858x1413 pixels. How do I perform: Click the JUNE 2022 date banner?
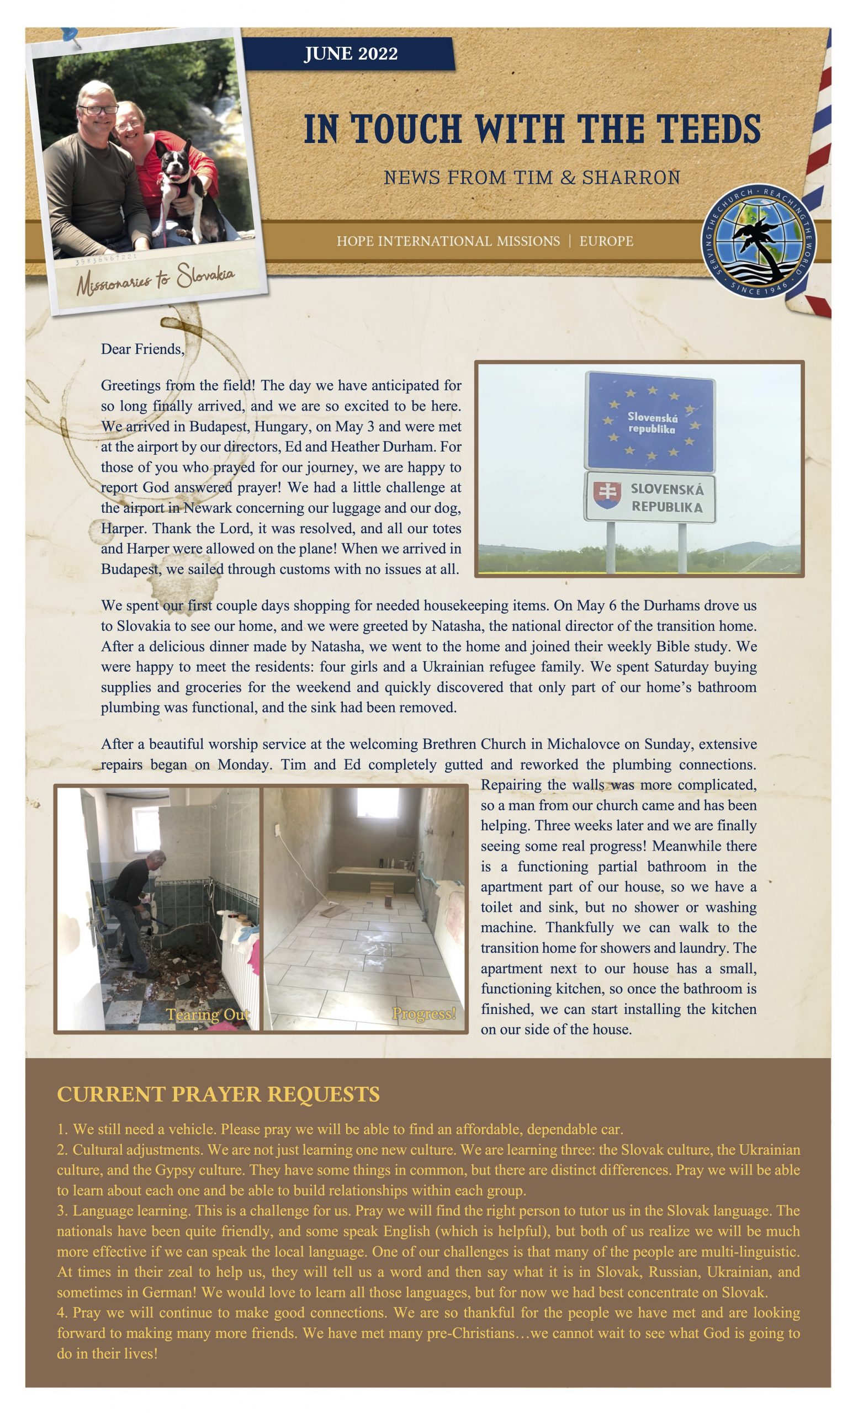pyautogui.click(x=350, y=54)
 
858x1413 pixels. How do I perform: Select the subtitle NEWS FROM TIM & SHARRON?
pyautogui.click(x=532, y=177)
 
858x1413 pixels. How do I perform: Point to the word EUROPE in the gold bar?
pyautogui.click(x=606, y=241)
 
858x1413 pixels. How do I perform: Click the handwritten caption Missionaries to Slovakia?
pyautogui.click(x=156, y=278)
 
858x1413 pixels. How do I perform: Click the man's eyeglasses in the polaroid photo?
pyautogui.click(x=99, y=109)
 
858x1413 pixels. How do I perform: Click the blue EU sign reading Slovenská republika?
pyautogui.click(x=649, y=422)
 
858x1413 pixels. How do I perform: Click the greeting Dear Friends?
pyautogui.click(x=143, y=349)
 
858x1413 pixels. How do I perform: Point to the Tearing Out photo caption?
pyautogui.click(x=208, y=1015)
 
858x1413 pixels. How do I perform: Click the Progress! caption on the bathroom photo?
pyautogui.click(x=424, y=1014)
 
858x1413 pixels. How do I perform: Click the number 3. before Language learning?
pyautogui.click(x=62, y=1210)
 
